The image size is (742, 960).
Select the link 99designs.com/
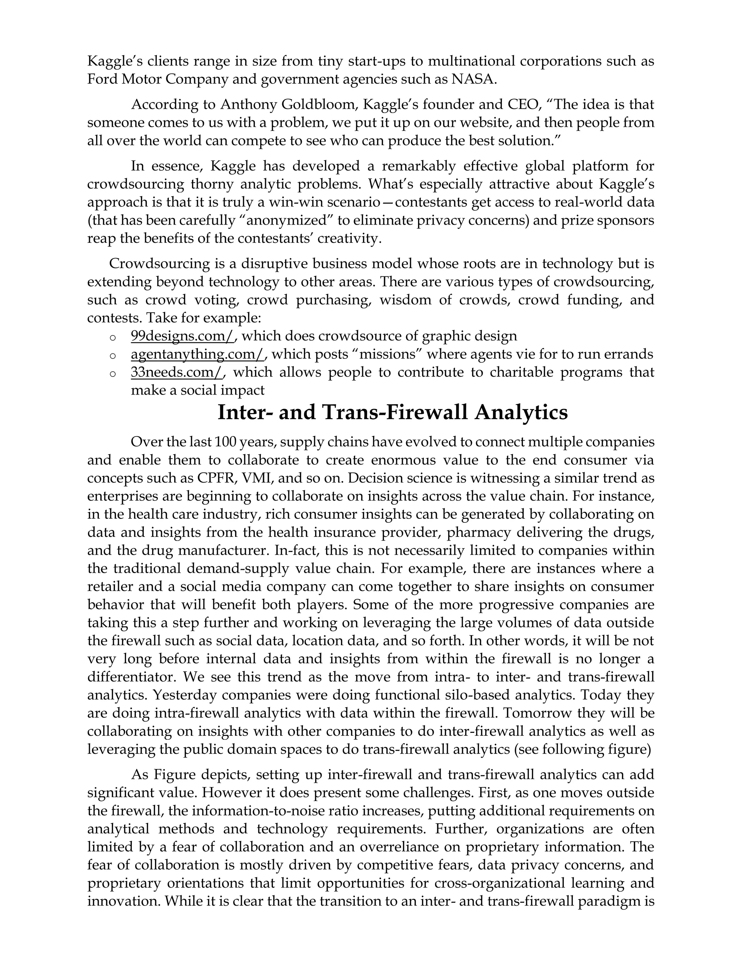(183, 336)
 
